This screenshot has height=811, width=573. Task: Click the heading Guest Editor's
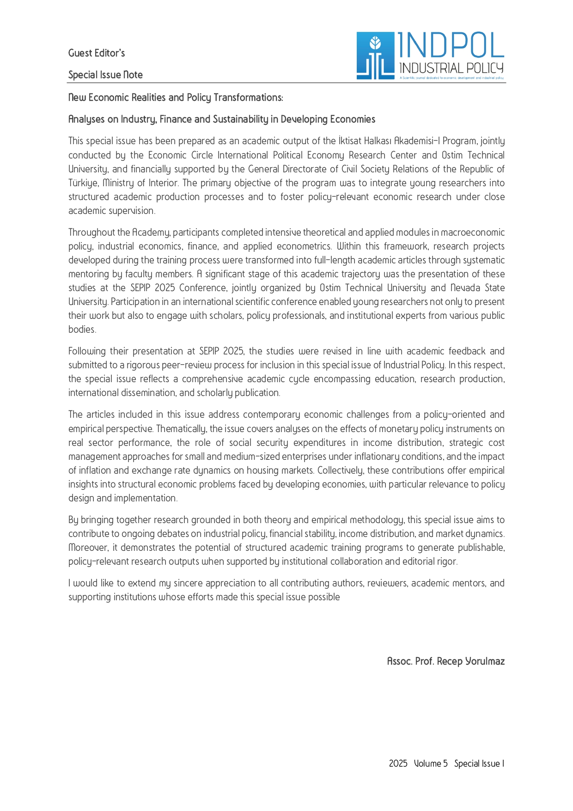tap(97, 53)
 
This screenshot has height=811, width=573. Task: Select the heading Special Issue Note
tap(105, 75)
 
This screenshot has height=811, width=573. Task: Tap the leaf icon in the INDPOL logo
tap(376, 43)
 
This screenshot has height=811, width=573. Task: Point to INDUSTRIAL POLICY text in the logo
tap(451, 68)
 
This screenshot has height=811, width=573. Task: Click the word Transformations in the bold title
tap(248, 98)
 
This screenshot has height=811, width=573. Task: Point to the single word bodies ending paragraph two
tap(82, 329)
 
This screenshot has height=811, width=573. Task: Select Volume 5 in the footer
tap(431, 763)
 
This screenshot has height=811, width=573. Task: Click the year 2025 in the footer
tap(398, 763)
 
